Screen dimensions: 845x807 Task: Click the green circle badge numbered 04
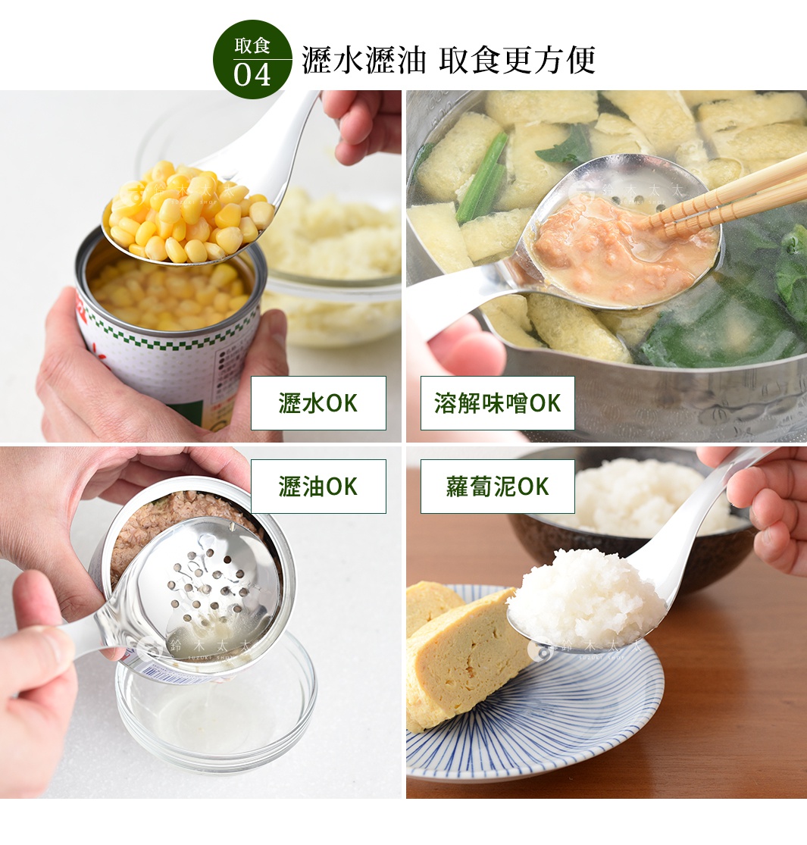[x=252, y=59]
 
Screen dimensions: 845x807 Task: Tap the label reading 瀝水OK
[x=318, y=403]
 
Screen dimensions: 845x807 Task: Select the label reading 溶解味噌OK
[x=497, y=403]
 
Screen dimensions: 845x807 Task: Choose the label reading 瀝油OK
[x=318, y=487]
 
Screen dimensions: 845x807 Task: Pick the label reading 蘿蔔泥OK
[x=497, y=487]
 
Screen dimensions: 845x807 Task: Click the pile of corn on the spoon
[x=189, y=212]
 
